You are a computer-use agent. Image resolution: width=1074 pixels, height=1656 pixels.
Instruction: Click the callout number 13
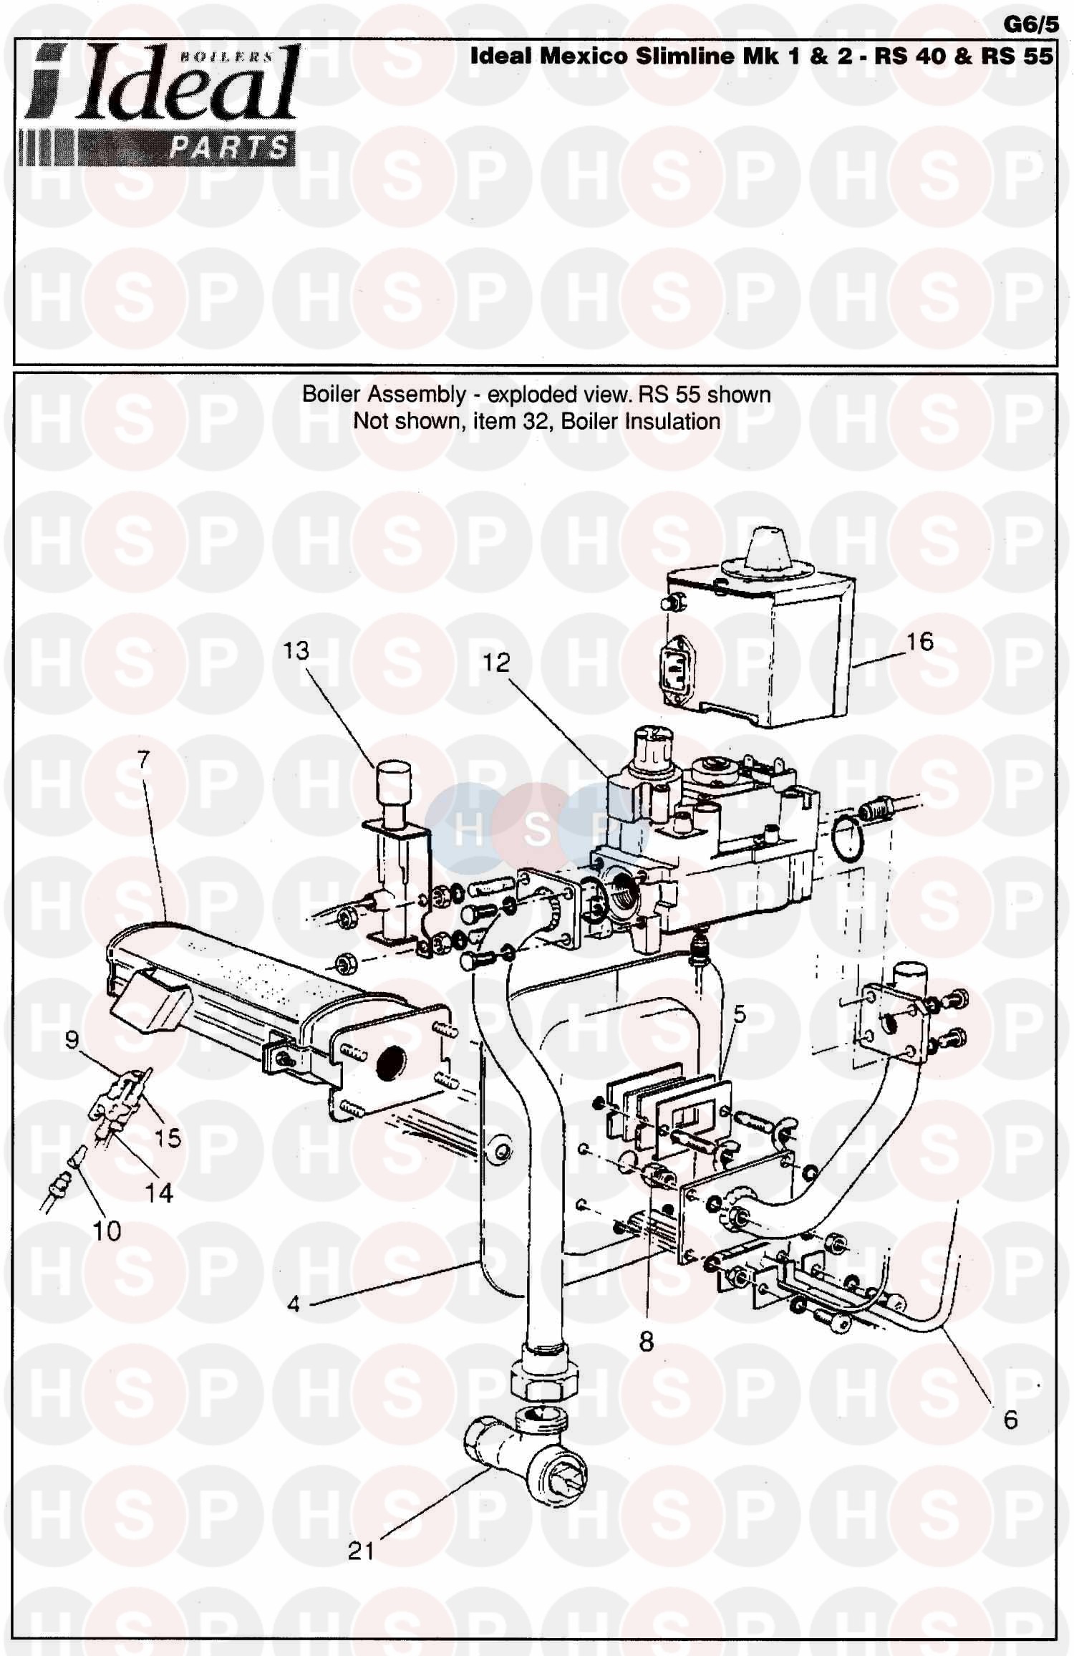pyautogui.click(x=296, y=650)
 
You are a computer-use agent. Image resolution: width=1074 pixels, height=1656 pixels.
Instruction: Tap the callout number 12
pyautogui.click(x=495, y=663)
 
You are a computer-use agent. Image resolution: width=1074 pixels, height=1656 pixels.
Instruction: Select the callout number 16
pyautogui.click(x=920, y=641)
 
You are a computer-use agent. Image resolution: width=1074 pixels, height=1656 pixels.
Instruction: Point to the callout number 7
pyautogui.click(x=144, y=759)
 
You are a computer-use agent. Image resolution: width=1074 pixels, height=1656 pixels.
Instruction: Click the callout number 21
pyautogui.click(x=361, y=1551)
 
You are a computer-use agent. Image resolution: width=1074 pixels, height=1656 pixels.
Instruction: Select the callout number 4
pyautogui.click(x=294, y=1304)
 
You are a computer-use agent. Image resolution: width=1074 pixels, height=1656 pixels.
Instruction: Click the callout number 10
pyautogui.click(x=107, y=1231)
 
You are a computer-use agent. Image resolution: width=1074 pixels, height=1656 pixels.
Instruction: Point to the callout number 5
pyautogui.click(x=740, y=1014)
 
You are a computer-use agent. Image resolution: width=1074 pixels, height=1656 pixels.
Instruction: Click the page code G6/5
pyautogui.click(x=1030, y=24)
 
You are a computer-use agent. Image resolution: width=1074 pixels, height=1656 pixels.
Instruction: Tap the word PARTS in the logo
pyautogui.click(x=228, y=148)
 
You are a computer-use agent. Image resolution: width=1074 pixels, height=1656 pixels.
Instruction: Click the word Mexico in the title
pyautogui.click(x=584, y=56)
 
